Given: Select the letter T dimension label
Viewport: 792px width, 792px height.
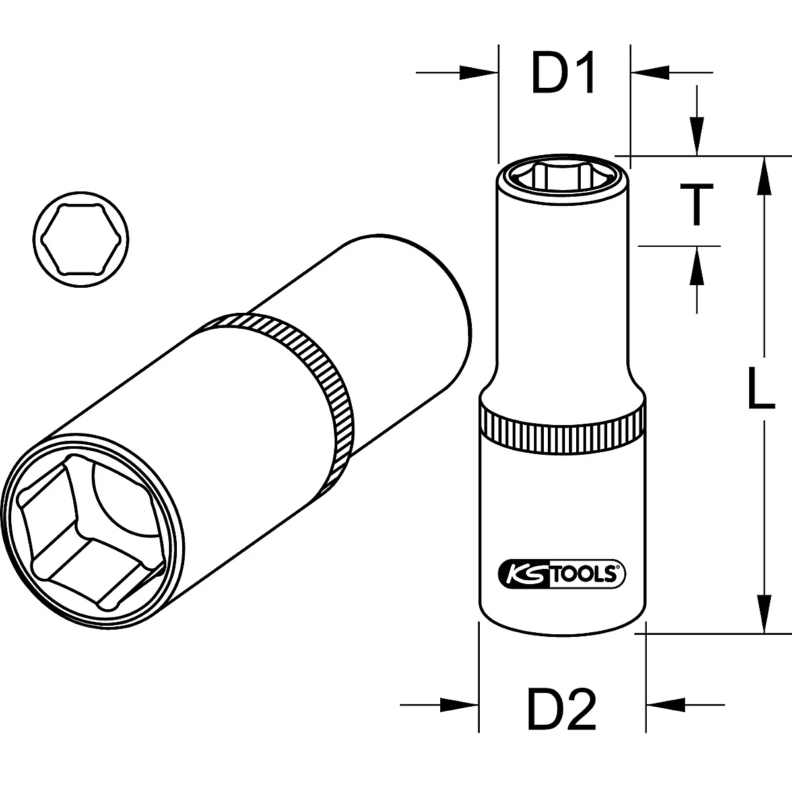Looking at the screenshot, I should [x=696, y=205].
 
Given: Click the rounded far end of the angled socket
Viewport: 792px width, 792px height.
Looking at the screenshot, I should [x=455, y=317].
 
